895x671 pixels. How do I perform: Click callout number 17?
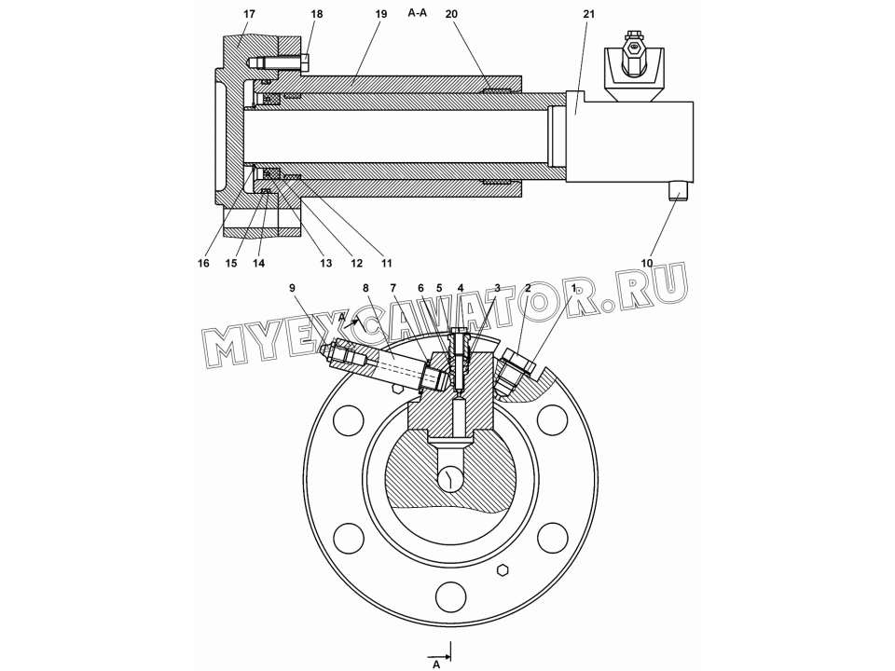pyautogui.click(x=250, y=14)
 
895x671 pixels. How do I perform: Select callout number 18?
pyautogui.click(x=317, y=14)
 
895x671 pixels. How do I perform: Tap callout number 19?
pyautogui.click(x=381, y=14)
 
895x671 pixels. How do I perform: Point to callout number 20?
pyautogui.click(x=451, y=14)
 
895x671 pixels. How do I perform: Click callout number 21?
pyautogui.click(x=588, y=14)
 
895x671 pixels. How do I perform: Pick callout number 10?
pyautogui.click(x=647, y=263)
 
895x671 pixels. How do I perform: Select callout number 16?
pyautogui.click(x=203, y=263)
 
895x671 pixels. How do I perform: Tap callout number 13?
pyautogui.click(x=325, y=263)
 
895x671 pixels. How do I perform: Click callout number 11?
pyautogui.click(x=386, y=263)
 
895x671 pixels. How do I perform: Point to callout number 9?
pyautogui.click(x=292, y=288)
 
